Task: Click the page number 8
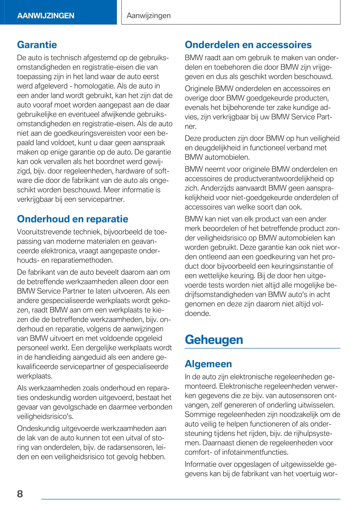pyautogui.click(x=20, y=494)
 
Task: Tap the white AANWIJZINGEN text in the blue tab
pyautogui.click(x=46, y=15)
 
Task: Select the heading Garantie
pyautogui.click(x=37, y=44)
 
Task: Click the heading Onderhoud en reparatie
pyautogui.click(x=73, y=219)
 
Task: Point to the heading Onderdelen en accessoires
pyautogui.click(x=248, y=44)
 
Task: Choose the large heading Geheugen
pyautogui.click(x=214, y=340)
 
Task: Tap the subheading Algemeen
pyautogui.click(x=208, y=364)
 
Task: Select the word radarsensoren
pyautogui.click(x=131, y=447)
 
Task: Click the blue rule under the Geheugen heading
pyautogui.click(x=262, y=348)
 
